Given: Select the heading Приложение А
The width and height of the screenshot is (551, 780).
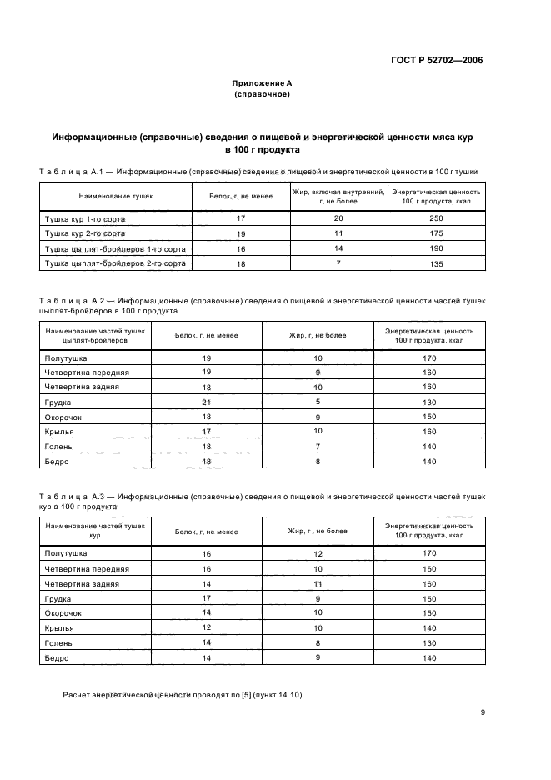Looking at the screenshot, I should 263,83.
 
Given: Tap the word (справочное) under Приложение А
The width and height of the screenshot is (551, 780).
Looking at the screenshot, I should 263,94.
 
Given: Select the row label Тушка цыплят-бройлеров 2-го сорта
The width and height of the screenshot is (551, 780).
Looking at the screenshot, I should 104,263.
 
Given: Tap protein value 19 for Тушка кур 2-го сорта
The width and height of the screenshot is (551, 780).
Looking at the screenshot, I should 241,233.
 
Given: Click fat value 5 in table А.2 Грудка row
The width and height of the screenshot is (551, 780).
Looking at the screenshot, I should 318,402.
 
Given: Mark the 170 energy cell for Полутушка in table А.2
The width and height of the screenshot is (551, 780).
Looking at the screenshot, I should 429,357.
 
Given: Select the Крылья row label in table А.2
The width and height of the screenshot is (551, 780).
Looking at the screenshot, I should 59,432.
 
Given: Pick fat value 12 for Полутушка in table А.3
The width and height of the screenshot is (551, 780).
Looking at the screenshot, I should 318,553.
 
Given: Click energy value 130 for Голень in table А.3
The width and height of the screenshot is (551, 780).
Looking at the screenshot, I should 429,642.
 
